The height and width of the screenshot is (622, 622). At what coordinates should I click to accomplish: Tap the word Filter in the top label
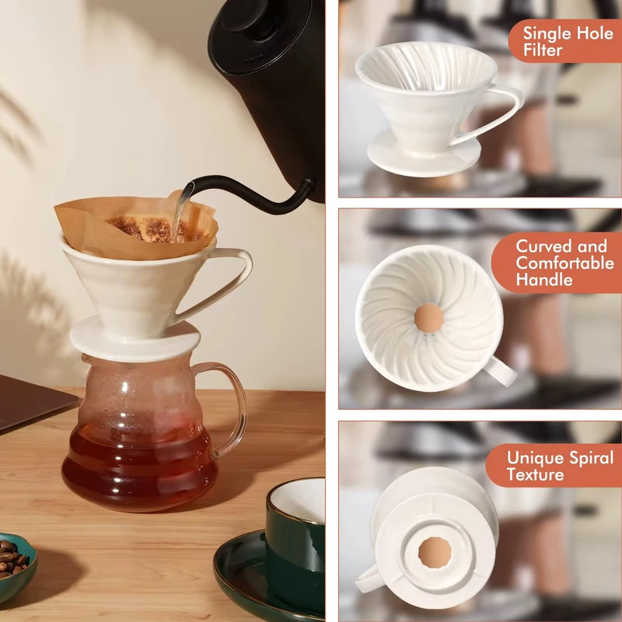(x=542, y=51)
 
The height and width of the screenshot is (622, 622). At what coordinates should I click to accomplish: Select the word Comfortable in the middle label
(x=565, y=263)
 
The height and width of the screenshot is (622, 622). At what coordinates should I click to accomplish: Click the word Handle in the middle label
(x=543, y=280)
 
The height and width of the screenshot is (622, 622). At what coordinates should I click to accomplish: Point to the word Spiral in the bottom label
(x=591, y=459)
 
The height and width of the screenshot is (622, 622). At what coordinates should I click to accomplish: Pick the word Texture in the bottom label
(x=535, y=475)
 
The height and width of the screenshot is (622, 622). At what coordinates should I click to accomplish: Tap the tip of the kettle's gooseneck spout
(x=191, y=186)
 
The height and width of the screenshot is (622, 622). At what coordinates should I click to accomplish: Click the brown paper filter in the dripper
(x=135, y=227)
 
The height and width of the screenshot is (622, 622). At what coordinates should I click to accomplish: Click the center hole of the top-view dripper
(x=428, y=318)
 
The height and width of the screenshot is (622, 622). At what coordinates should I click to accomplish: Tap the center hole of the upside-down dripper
(x=435, y=552)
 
